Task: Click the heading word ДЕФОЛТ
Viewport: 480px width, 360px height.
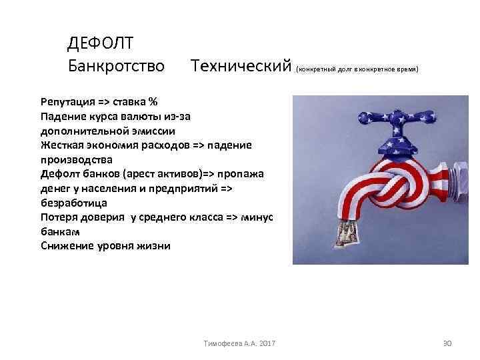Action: point(101,43)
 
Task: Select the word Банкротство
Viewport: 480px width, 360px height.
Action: point(116,66)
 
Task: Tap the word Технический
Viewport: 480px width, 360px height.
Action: point(241,66)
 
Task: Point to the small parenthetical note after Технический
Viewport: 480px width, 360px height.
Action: point(357,69)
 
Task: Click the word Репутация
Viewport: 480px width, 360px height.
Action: point(66,102)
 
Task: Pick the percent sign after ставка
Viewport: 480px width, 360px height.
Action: point(153,102)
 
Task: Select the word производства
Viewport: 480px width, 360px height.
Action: point(77,159)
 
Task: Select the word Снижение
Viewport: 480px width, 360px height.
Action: point(67,245)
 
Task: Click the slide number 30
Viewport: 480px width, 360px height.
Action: point(447,343)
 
